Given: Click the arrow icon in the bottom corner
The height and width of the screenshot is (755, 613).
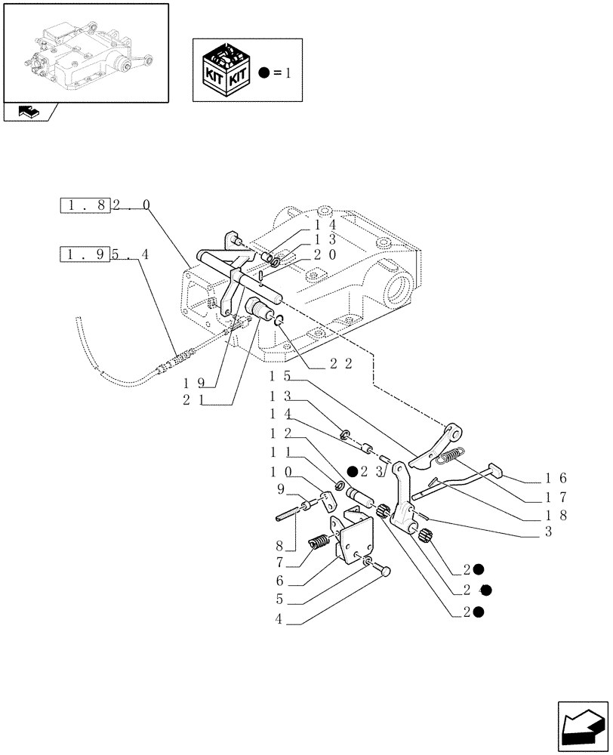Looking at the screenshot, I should pyautogui.click(x=581, y=726).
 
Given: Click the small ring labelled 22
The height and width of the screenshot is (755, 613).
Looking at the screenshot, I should pyautogui.click(x=279, y=322).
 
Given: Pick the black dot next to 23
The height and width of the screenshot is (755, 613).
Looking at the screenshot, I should pyautogui.click(x=353, y=471).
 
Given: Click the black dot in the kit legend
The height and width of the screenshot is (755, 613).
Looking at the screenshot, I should pyautogui.click(x=262, y=72).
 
